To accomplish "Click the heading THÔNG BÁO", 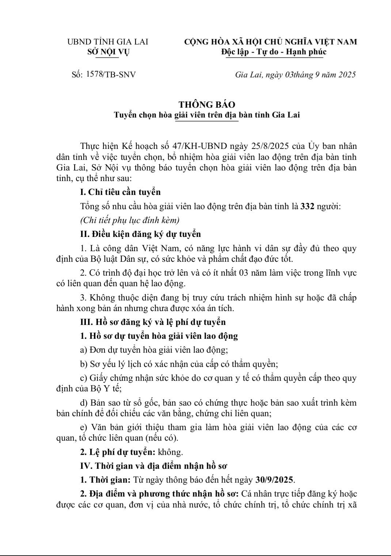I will (x=207, y=104).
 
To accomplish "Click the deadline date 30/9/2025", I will (x=275, y=480).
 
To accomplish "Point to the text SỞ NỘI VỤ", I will (x=108, y=52).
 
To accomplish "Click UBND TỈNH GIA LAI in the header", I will (x=108, y=42).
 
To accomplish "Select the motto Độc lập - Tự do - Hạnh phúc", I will (x=274, y=52).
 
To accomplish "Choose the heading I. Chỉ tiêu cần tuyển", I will (x=120, y=192).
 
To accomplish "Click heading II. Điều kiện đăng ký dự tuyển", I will (x=141, y=234).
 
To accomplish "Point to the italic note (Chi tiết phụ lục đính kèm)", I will (x=130, y=220).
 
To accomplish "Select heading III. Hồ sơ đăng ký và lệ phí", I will (x=153, y=322).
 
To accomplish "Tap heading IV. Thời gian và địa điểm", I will (x=154, y=466).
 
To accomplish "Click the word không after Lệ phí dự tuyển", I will (x=170, y=452).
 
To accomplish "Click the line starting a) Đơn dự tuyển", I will (x=154, y=350).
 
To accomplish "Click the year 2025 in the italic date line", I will (x=346, y=75).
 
